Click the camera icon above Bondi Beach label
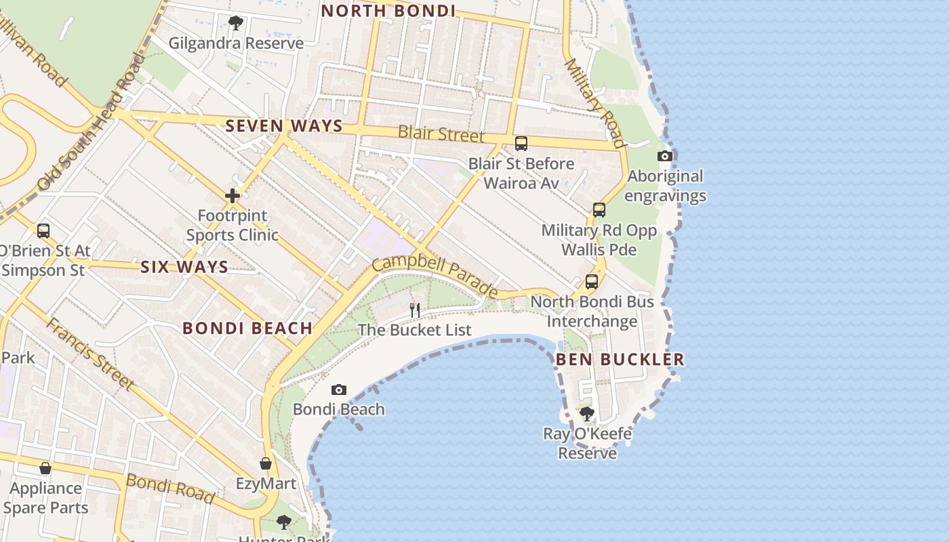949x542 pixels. click(x=338, y=390)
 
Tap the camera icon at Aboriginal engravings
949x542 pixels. click(x=665, y=157)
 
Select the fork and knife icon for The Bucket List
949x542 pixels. click(x=415, y=310)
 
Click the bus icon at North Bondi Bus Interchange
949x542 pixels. click(x=592, y=282)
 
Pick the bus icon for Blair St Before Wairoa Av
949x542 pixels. click(x=521, y=144)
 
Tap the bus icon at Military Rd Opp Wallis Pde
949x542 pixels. click(x=599, y=210)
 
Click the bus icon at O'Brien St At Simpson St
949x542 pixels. click(x=43, y=231)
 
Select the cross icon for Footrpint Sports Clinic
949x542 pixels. click(x=233, y=196)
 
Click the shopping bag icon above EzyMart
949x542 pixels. click(x=266, y=463)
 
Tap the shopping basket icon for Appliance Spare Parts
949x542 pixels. click(x=45, y=468)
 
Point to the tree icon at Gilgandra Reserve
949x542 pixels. click(x=235, y=24)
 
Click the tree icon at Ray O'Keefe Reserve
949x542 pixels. click(x=586, y=413)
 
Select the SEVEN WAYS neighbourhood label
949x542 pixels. click(x=284, y=126)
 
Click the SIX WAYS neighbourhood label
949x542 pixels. click(x=184, y=267)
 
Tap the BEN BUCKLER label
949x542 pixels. click(x=620, y=360)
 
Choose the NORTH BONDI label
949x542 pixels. click(x=388, y=11)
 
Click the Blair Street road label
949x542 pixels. click(x=441, y=133)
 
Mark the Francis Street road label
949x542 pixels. click(x=89, y=354)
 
